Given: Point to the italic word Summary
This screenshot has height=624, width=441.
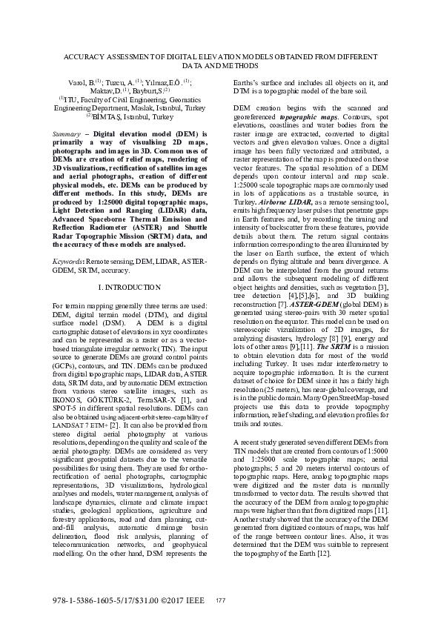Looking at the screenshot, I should (x=67, y=133).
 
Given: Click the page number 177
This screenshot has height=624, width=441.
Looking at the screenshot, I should (x=219, y=600).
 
